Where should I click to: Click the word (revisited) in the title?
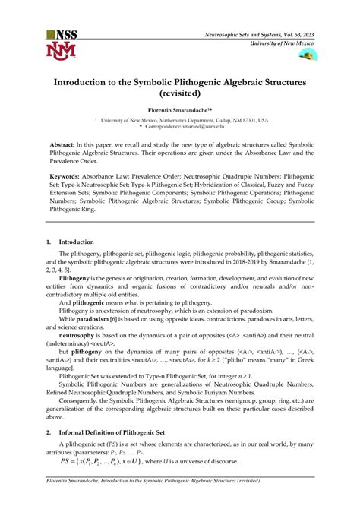[x=179, y=95]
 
